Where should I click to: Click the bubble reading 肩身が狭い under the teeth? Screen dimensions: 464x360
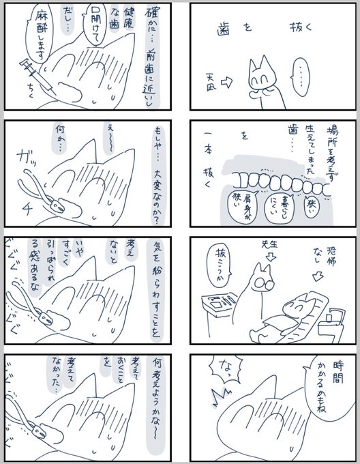click(242, 204)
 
